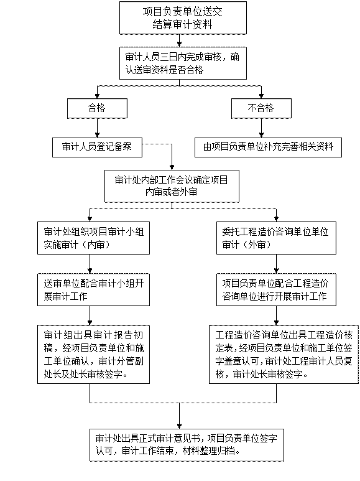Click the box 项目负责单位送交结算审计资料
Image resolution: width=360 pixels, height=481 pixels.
coord(183,18)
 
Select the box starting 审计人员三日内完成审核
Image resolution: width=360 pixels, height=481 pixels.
coord(183,63)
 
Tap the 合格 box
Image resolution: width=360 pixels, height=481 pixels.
coord(97,108)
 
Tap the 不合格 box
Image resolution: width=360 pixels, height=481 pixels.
coord(261,108)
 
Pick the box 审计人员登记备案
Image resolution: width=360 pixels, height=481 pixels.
coord(97,147)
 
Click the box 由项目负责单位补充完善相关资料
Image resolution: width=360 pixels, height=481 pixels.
coord(269,147)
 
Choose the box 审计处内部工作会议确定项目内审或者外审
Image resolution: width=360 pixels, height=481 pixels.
coord(172,186)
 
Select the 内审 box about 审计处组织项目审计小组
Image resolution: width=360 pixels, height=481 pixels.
coord(93,238)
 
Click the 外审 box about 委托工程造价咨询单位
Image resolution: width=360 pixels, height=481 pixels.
coord(276,238)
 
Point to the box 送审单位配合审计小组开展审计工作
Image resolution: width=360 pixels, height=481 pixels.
coord(93,289)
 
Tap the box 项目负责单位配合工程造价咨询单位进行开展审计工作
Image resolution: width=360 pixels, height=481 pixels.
coord(276,289)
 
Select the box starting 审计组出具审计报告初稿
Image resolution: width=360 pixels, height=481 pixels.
coord(93,354)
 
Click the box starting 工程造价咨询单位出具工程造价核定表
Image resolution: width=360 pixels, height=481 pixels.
coord(284,354)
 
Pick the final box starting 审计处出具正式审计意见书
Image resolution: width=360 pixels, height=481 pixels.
coord(187,445)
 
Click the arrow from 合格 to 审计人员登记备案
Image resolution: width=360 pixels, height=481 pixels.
coord(97,128)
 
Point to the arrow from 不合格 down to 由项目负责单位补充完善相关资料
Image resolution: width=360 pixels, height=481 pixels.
coord(261,128)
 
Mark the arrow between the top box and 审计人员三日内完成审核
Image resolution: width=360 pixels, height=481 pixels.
coord(180,40)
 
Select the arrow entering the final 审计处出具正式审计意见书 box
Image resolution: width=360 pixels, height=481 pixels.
coord(180,416)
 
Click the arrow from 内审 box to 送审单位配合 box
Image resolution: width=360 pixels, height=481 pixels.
coord(90,264)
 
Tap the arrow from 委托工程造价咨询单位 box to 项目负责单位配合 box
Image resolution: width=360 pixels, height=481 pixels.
coord(276,264)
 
